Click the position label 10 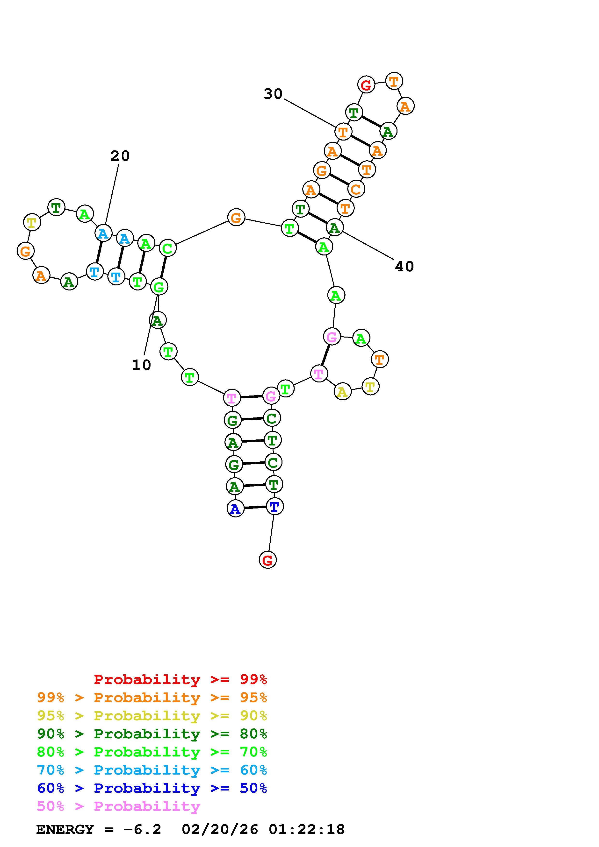pos(141,365)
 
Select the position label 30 pos(273,94)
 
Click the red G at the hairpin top pos(366,85)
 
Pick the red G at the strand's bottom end pos(267,560)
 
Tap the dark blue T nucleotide pos(274,507)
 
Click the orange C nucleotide pos(356,189)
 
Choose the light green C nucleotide pos(167,249)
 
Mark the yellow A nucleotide pos(342,392)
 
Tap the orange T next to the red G pos(394,81)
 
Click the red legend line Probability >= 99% pos(180,679)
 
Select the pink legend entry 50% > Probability pos(118,806)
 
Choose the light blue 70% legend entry pos(152,770)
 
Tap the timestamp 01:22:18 pos(307,829)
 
